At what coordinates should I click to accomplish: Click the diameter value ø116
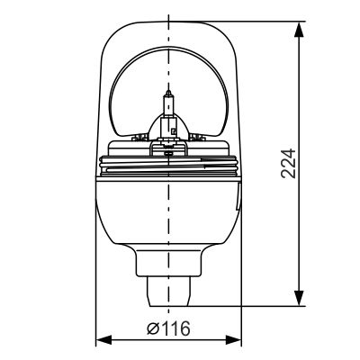(x=168, y=328)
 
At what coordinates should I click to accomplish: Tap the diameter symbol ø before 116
(x=152, y=328)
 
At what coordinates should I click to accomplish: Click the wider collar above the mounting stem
(x=168, y=262)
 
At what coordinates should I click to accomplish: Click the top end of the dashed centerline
(x=169, y=11)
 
